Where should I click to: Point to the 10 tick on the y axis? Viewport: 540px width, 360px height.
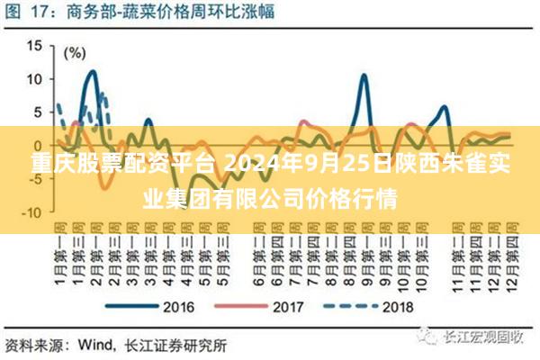click(34, 77)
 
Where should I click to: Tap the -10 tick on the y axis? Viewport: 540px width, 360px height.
click(31, 212)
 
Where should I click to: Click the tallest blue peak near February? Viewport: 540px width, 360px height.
click(91, 72)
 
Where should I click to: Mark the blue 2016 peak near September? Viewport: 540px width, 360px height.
click(364, 76)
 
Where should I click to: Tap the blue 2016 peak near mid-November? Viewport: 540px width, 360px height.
click(445, 107)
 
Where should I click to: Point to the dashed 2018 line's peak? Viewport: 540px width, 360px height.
click(104, 94)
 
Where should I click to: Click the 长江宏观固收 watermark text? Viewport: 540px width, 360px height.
click(482, 337)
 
